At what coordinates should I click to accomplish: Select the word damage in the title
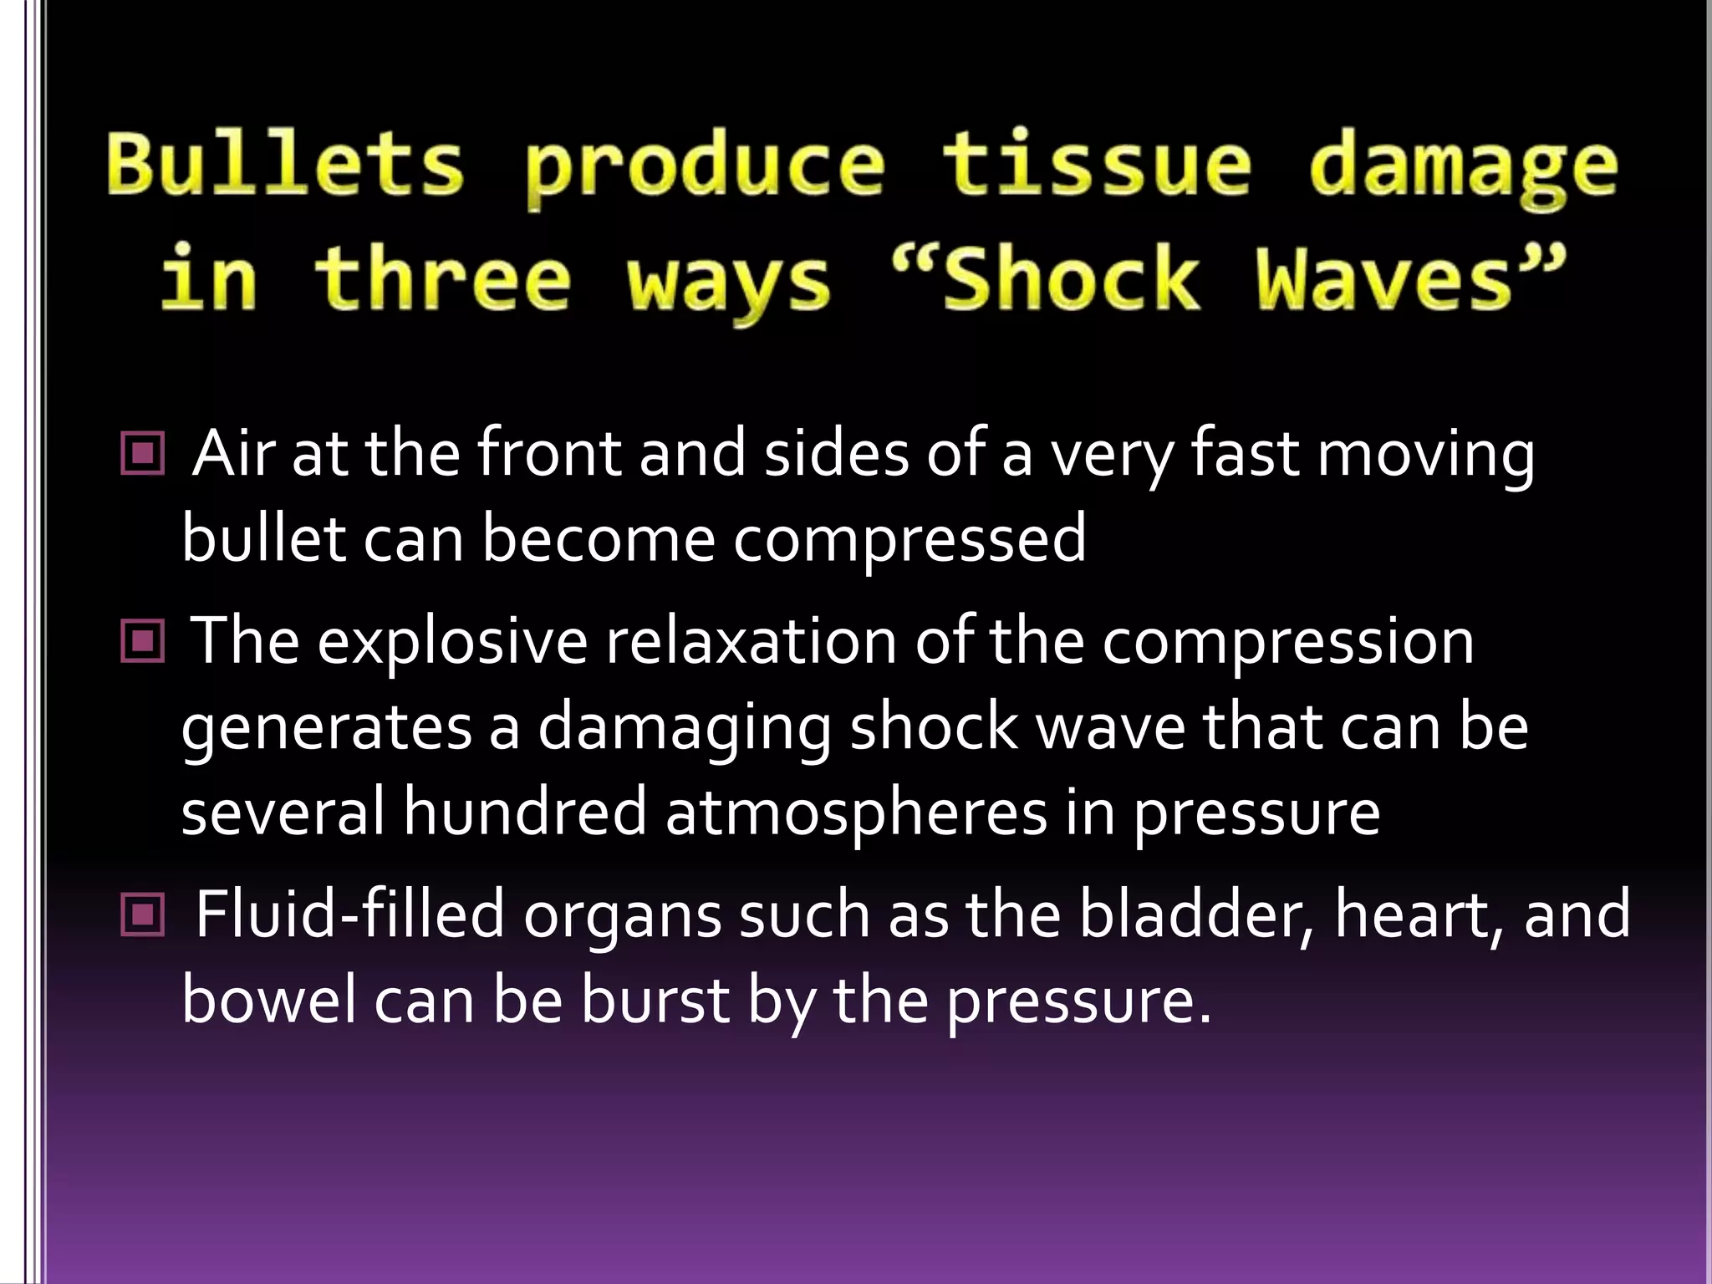click(1464, 167)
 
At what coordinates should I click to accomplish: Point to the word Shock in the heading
click(1070, 278)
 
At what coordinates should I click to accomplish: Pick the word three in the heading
click(443, 278)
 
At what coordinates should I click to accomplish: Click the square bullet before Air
click(143, 454)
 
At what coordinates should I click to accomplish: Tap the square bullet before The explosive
click(143, 642)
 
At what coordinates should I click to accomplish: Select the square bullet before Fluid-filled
click(143, 915)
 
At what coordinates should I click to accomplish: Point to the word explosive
click(452, 642)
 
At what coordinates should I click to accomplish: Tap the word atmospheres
click(856, 813)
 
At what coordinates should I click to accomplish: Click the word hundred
click(525, 813)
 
